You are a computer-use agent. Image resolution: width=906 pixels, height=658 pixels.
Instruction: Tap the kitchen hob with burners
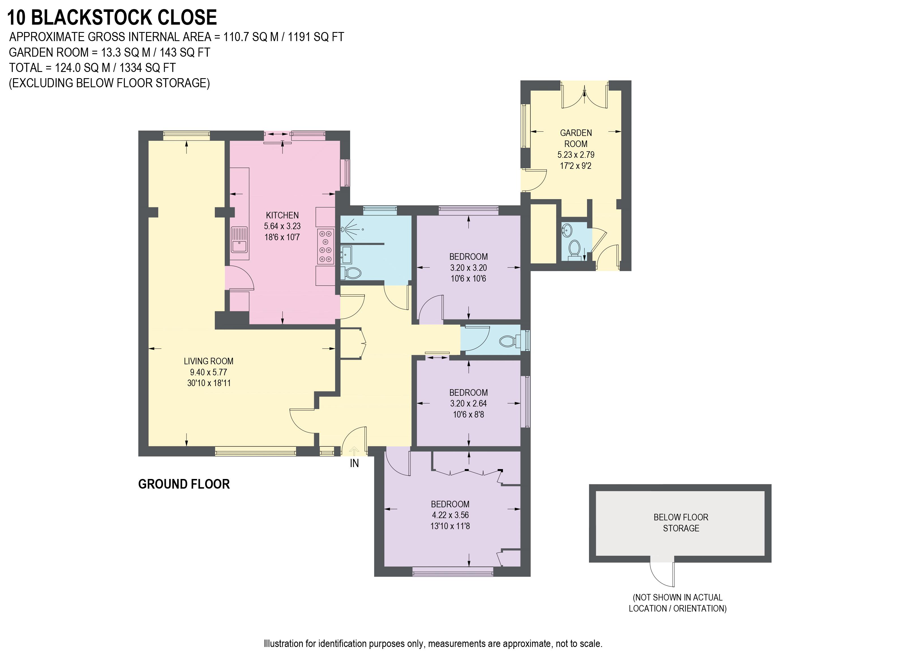tap(325, 246)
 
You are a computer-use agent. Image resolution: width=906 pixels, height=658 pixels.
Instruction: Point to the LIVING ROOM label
tap(209, 361)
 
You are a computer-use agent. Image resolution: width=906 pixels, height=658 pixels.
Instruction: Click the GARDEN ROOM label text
tap(576, 138)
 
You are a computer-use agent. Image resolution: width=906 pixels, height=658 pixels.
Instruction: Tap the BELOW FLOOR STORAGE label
tap(681, 523)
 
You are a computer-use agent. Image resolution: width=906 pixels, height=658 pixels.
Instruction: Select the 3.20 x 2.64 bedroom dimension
tap(468, 403)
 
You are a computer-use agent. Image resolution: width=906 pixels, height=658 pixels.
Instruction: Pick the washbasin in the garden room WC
tap(567, 230)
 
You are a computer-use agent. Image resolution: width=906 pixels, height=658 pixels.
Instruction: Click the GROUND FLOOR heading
tap(184, 484)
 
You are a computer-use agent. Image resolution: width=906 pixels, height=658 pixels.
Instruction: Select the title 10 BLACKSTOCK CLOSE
tap(112, 17)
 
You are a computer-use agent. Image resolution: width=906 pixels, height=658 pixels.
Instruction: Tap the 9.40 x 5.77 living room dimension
tap(209, 372)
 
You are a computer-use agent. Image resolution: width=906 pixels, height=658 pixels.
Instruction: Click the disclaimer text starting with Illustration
tap(433, 644)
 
